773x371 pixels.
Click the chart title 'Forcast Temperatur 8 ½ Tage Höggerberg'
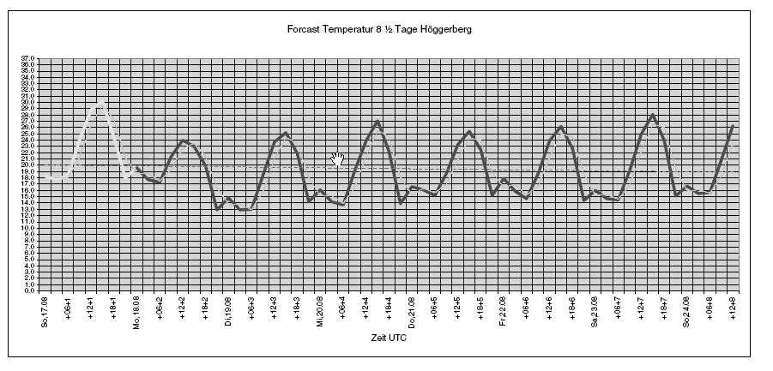coord(380,29)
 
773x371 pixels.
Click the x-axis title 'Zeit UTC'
coord(389,339)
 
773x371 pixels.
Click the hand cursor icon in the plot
coord(338,159)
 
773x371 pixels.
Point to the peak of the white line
coord(102,103)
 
